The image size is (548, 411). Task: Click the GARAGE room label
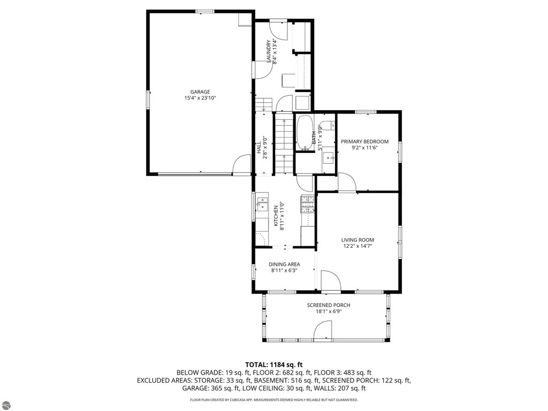201,92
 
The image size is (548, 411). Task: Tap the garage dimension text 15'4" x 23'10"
201,98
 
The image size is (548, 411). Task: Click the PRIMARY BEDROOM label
364,141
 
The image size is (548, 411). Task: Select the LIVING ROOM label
357,240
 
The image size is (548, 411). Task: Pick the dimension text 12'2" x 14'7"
357,246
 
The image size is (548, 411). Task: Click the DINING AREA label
284,264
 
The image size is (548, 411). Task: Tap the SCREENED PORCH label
329,305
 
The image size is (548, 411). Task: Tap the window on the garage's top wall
205,11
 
